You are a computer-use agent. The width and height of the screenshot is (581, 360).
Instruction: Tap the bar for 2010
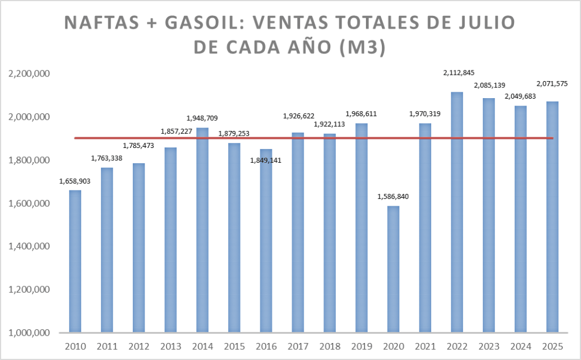pos(75,261)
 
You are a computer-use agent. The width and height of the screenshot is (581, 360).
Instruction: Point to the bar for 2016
pos(266,240)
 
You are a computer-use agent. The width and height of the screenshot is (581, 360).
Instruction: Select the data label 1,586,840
pos(393,197)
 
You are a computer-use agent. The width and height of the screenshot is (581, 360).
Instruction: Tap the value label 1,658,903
pos(75,181)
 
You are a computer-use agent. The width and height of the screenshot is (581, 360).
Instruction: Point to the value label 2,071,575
pos(552,84)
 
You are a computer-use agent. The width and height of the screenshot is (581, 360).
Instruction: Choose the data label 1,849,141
pos(266,160)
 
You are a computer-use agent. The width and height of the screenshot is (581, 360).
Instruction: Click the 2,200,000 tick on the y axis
pos(29,74)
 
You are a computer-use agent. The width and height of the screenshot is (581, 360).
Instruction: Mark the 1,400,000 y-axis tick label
pos(29,247)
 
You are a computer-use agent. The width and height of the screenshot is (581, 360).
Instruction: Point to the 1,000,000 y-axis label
pos(29,333)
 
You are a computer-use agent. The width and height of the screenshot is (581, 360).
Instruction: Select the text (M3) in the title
pos(361,48)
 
